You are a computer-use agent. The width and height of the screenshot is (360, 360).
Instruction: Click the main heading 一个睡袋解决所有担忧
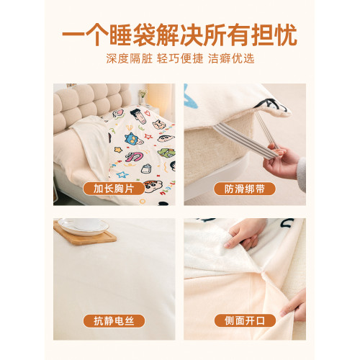179,35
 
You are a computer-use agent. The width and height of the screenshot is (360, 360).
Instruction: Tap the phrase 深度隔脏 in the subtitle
130,58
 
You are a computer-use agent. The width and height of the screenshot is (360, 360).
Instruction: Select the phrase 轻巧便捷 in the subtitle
180,58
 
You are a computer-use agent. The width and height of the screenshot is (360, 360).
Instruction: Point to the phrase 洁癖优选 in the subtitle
231,58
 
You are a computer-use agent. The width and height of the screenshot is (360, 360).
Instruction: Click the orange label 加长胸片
114,189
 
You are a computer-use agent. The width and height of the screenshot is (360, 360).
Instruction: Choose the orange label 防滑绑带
245,189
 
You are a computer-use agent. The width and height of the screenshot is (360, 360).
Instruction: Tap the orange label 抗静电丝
114,321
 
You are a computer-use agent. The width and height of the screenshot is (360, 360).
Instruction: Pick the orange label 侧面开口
245,320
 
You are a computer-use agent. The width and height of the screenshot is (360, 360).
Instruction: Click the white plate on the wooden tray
83,226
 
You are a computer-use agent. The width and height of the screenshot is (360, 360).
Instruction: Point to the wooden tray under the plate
84,234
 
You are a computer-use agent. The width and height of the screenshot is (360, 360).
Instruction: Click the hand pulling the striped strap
280,161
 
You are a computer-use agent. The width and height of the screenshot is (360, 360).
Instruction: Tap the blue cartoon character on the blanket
133,139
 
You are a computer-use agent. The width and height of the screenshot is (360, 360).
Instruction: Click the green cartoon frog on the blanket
167,153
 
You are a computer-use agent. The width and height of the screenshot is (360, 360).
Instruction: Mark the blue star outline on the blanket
122,174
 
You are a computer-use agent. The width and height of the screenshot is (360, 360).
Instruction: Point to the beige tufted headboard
92,106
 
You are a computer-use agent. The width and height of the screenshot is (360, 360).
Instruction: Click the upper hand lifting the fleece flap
244,234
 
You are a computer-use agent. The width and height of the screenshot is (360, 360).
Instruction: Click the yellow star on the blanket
118,150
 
